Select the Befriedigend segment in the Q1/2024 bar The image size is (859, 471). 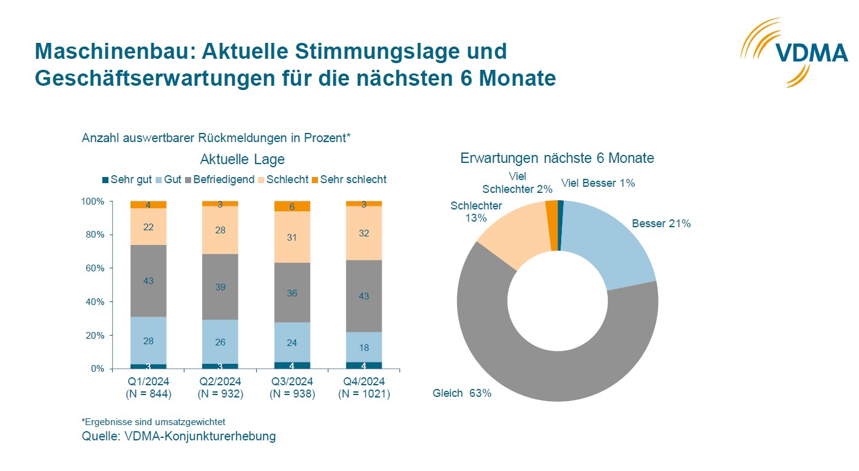[x=148, y=281]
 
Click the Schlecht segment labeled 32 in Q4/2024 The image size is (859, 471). [x=364, y=233]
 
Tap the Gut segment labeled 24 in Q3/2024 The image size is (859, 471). [x=292, y=343]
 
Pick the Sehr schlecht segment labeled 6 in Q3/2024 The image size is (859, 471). [x=292, y=206]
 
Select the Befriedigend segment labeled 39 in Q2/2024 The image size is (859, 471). [x=220, y=287]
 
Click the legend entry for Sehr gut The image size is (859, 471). [x=127, y=179]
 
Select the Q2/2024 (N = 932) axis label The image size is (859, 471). [x=220, y=388]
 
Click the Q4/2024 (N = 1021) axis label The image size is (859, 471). [x=364, y=388]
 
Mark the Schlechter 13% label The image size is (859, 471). [x=476, y=212]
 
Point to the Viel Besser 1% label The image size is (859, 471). [x=598, y=183]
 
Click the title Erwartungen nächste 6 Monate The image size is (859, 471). [x=557, y=158]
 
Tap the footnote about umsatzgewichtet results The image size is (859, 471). [x=153, y=422]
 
